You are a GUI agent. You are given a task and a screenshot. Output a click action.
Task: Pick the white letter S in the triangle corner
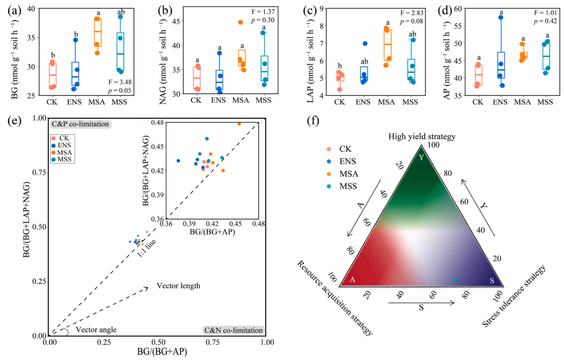[491, 280]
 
